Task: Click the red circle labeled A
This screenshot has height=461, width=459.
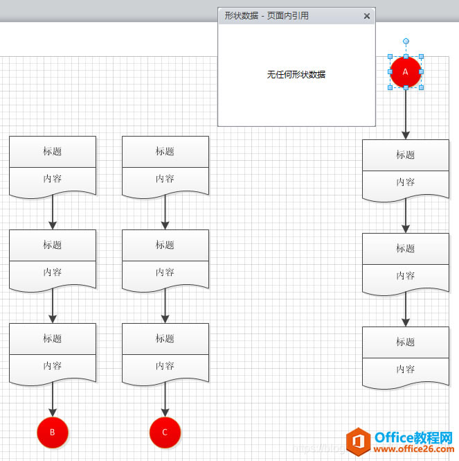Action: (x=406, y=72)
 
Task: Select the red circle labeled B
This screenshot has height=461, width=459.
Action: (x=53, y=432)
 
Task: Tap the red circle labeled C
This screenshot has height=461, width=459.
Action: (x=165, y=432)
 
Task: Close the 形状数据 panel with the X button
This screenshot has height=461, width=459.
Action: (x=367, y=16)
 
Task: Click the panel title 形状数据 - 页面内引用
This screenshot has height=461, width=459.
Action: (x=267, y=16)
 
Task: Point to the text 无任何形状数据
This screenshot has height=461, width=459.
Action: (x=296, y=74)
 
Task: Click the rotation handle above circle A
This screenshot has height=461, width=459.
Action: (x=406, y=42)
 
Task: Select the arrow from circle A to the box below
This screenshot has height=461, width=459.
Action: (x=406, y=114)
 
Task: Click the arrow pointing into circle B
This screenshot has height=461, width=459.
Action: (x=53, y=400)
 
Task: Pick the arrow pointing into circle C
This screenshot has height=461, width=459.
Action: (x=165, y=400)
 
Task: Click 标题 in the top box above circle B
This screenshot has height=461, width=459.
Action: (x=53, y=151)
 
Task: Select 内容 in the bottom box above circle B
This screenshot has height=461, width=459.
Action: (x=53, y=365)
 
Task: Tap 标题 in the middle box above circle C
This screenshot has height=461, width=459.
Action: (x=165, y=245)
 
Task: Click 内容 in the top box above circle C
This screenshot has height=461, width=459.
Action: (x=165, y=178)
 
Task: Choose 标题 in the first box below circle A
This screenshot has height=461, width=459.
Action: (x=406, y=155)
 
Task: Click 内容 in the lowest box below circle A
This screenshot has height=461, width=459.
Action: (x=406, y=369)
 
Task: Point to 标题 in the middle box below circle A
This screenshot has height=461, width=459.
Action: (x=406, y=248)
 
